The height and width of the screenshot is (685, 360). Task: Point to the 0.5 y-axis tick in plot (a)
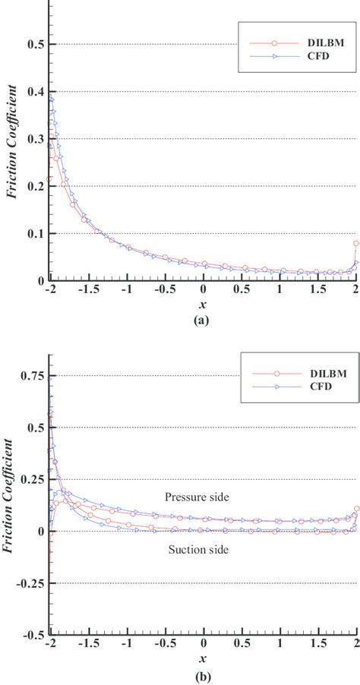(34, 44)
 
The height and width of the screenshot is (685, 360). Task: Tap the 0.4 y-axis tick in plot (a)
(34, 92)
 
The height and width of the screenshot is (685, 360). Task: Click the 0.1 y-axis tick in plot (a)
(34, 234)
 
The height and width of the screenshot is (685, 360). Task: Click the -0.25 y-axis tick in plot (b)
(29, 583)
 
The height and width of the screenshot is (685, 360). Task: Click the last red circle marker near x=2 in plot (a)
(356, 244)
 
